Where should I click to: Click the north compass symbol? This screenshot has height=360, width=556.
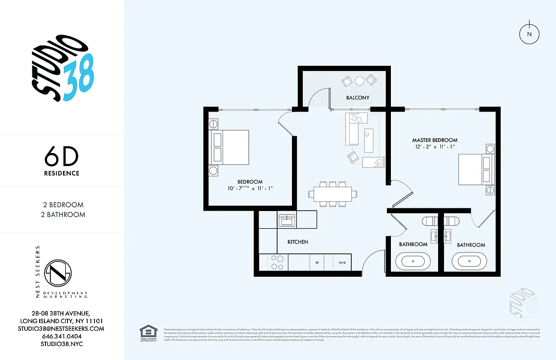click(529, 34)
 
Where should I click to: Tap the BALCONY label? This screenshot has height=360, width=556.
click(358, 98)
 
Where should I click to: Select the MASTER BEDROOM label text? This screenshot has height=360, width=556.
click(435, 140)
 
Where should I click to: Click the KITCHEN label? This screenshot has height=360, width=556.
click(298, 242)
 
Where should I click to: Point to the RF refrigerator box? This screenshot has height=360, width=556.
click(317, 262)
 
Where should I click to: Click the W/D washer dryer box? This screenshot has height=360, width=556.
click(342, 262)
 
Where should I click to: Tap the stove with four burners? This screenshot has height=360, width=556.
click(278, 262)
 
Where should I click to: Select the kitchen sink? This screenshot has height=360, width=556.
click(286, 220)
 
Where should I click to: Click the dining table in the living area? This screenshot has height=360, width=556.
click(333, 193)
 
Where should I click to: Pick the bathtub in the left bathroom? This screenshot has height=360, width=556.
click(413, 261)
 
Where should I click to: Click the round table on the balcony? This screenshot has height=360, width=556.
click(359, 81)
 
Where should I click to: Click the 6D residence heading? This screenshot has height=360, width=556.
click(62, 157)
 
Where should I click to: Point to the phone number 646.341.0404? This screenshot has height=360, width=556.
click(62, 336)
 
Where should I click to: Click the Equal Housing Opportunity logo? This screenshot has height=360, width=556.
click(148, 333)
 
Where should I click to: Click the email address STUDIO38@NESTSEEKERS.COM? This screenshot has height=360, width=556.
click(62, 328)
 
